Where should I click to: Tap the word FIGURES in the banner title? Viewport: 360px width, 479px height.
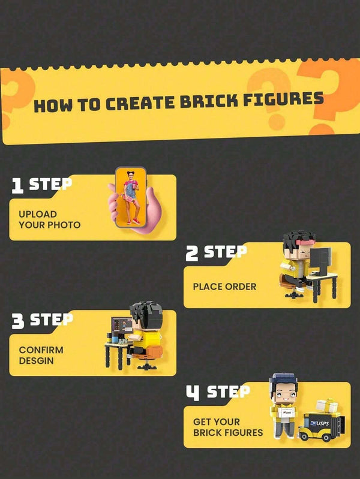tap(283, 100)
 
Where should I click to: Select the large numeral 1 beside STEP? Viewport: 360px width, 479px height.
tap(17, 186)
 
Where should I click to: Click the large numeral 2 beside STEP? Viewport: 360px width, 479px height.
tap(192, 254)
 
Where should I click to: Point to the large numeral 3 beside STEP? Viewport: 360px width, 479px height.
tap(18, 321)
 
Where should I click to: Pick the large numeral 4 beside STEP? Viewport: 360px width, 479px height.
tap(193, 393)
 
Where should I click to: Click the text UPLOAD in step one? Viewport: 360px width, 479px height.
tap(38, 214)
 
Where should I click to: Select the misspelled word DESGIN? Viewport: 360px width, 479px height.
tap(37, 361)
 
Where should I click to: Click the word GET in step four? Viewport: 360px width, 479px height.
tap(202, 422)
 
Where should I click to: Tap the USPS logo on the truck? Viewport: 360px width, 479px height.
tap(320, 423)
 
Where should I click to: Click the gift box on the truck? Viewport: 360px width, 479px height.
tap(326, 405)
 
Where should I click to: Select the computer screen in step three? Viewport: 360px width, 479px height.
tap(122, 325)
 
